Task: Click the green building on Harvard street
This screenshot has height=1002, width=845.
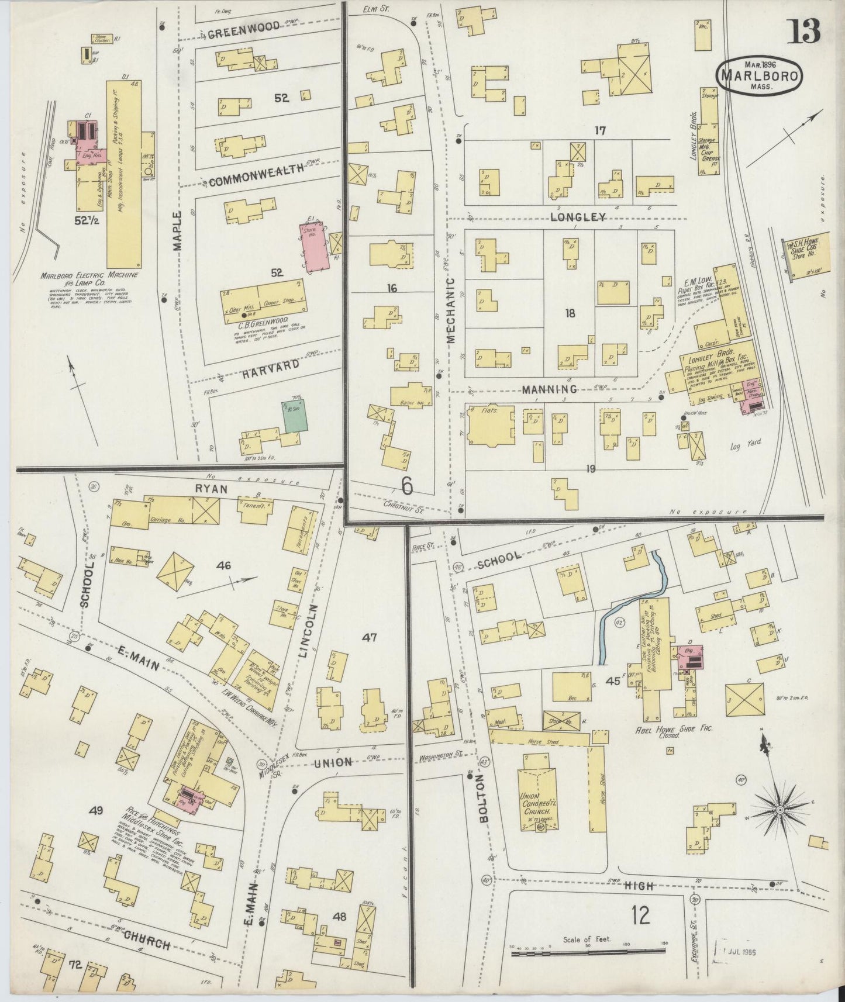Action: (295, 416)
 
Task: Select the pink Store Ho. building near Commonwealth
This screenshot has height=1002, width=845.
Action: (315, 246)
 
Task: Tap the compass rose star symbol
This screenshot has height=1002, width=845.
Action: (780, 809)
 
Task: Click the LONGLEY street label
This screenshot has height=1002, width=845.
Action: (577, 217)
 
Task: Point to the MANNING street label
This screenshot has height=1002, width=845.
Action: (550, 389)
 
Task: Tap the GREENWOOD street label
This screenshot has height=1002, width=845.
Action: (235, 33)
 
